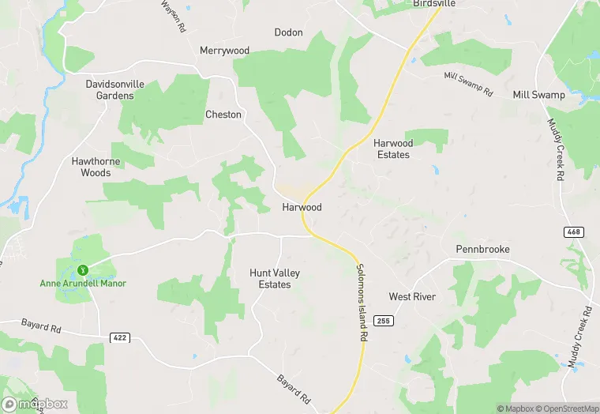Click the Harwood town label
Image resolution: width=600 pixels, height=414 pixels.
coord(302,207)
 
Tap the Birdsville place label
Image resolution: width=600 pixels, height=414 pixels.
coord(435,4)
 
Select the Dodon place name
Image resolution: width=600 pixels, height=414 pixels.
coord(288,32)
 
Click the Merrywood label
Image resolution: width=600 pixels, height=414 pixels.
coord(224,51)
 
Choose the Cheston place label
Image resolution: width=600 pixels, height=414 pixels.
coord(223,115)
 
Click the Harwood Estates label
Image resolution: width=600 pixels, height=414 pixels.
coord(393,149)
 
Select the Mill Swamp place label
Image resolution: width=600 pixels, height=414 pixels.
coord(538,95)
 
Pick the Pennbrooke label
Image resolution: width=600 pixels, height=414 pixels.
coord(482,249)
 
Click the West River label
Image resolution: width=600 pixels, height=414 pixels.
coord(412,296)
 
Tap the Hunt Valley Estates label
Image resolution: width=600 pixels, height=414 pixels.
coord(275,278)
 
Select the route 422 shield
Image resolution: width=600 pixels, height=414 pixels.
coord(119,337)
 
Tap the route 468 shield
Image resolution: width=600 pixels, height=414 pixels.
coord(574,231)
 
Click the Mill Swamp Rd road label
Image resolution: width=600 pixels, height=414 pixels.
coord(468,82)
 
